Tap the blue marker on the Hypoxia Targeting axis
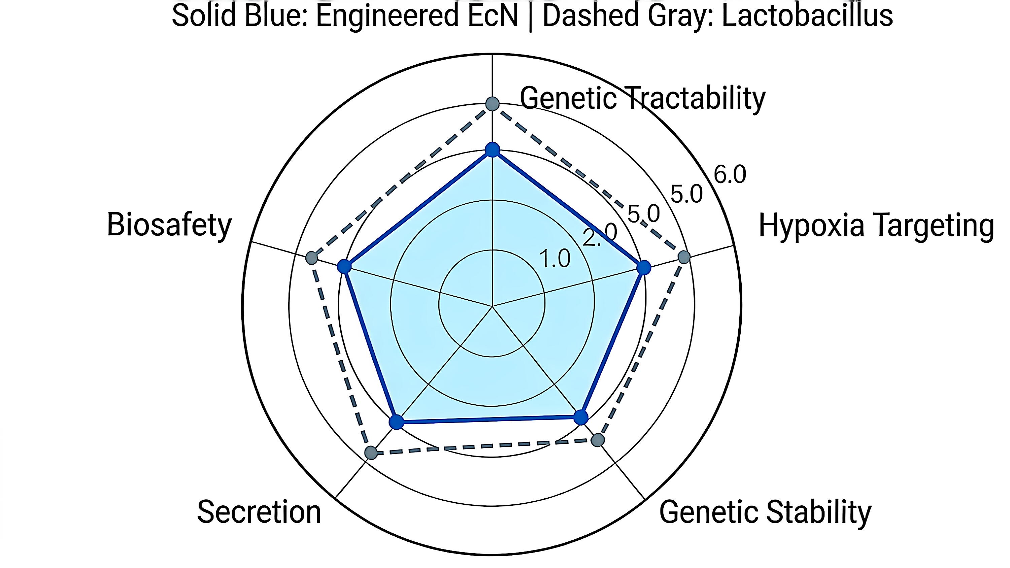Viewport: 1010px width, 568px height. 643,268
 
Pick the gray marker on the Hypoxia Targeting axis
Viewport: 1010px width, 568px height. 684,257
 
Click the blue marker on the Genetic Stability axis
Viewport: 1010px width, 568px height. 581,417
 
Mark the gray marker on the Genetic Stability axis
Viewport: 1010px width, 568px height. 597,440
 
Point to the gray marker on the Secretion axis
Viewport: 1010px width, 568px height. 371,453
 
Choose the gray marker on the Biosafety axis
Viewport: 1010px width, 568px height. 312,258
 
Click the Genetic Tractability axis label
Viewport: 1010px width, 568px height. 643,98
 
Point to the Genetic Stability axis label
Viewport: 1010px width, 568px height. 765,512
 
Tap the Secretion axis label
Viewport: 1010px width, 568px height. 259,512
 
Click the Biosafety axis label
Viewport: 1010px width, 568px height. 169,225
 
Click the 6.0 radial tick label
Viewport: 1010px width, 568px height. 730,174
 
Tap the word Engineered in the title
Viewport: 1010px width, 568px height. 386,17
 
